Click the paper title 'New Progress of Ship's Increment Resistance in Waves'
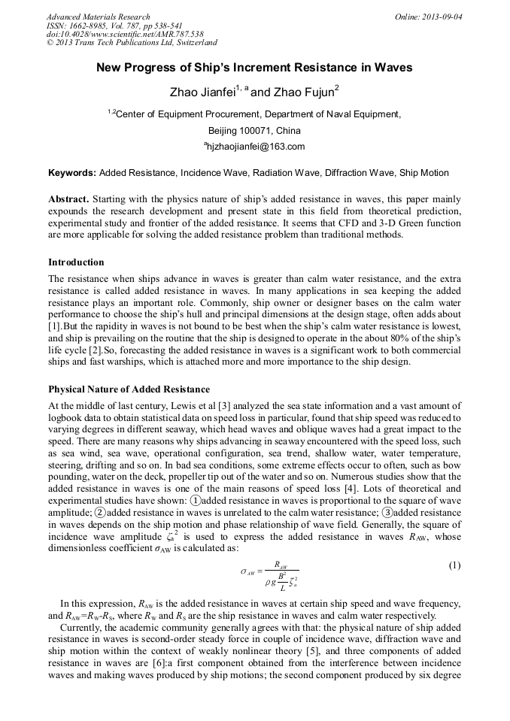tap(254, 68)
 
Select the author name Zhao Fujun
tap(305, 92)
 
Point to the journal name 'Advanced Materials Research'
tap(98, 17)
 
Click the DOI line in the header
tap(125, 35)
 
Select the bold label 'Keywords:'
tap(72, 173)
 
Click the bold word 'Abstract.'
tap(68, 199)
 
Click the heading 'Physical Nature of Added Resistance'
tap(129, 389)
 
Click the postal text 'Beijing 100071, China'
tap(254, 130)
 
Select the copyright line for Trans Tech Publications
tap(132, 44)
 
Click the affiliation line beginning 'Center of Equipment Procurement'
tap(256, 114)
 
